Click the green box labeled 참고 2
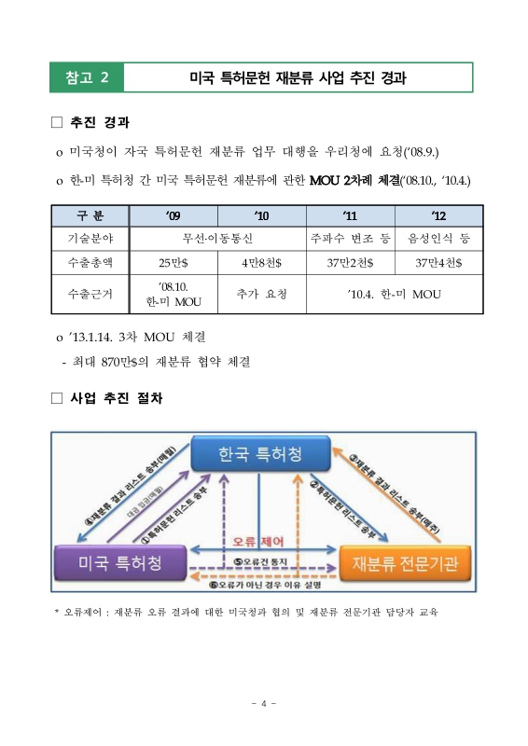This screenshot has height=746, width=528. pos(88,76)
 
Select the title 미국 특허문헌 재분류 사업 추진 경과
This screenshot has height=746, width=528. pos(298,76)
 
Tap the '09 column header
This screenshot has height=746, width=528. pos(173,216)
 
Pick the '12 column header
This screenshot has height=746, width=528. pos(438,216)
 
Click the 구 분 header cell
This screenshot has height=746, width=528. pos(90,216)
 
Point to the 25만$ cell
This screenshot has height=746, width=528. pos(173,261)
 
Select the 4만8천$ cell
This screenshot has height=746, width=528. pos(261,261)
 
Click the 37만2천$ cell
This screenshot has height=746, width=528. pos(349,261)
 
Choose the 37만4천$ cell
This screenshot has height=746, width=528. pos(438,261)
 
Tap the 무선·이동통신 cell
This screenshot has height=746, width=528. pos(217,239)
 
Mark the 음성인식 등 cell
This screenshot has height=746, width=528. pos(438,239)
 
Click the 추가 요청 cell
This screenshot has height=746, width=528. pos(261,295)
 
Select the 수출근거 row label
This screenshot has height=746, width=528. pos(90,295)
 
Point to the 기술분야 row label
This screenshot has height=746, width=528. pos(90,239)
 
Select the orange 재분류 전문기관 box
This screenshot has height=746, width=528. pos(408,561)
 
